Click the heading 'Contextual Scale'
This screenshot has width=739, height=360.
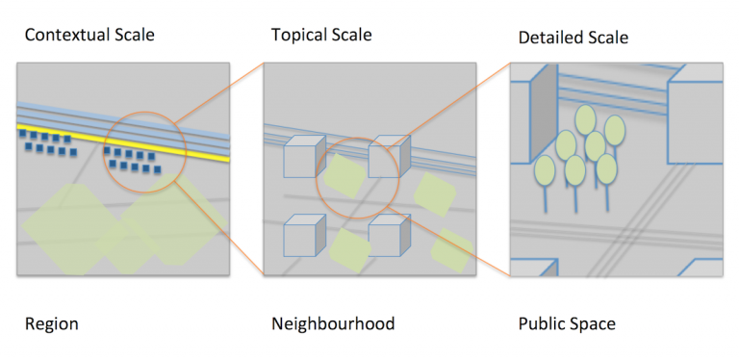point(89,35)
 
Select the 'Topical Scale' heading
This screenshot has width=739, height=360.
point(321,35)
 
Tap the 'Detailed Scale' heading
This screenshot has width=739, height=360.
point(573,38)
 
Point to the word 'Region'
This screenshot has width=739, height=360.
point(51,324)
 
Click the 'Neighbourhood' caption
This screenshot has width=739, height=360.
point(333,323)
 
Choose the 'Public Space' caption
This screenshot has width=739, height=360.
point(567,324)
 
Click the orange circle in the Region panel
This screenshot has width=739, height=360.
point(103,152)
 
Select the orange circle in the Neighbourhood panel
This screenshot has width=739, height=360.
point(317,178)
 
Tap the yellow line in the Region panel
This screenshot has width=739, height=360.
point(123,143)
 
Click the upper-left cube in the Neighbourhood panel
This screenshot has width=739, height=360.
point(304,157)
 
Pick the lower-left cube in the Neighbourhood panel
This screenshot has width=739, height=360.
point(304,236)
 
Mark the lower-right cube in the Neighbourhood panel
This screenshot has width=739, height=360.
point(389,236)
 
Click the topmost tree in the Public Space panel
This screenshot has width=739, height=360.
point(585,119)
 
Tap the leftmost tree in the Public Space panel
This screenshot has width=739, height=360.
point(545,169)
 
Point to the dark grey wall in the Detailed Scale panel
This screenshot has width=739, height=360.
point(544,114)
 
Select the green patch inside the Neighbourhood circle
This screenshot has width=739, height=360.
point(344,175)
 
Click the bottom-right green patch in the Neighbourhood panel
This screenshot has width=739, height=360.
point(452,250)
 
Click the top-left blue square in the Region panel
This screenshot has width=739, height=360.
point(23,133)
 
